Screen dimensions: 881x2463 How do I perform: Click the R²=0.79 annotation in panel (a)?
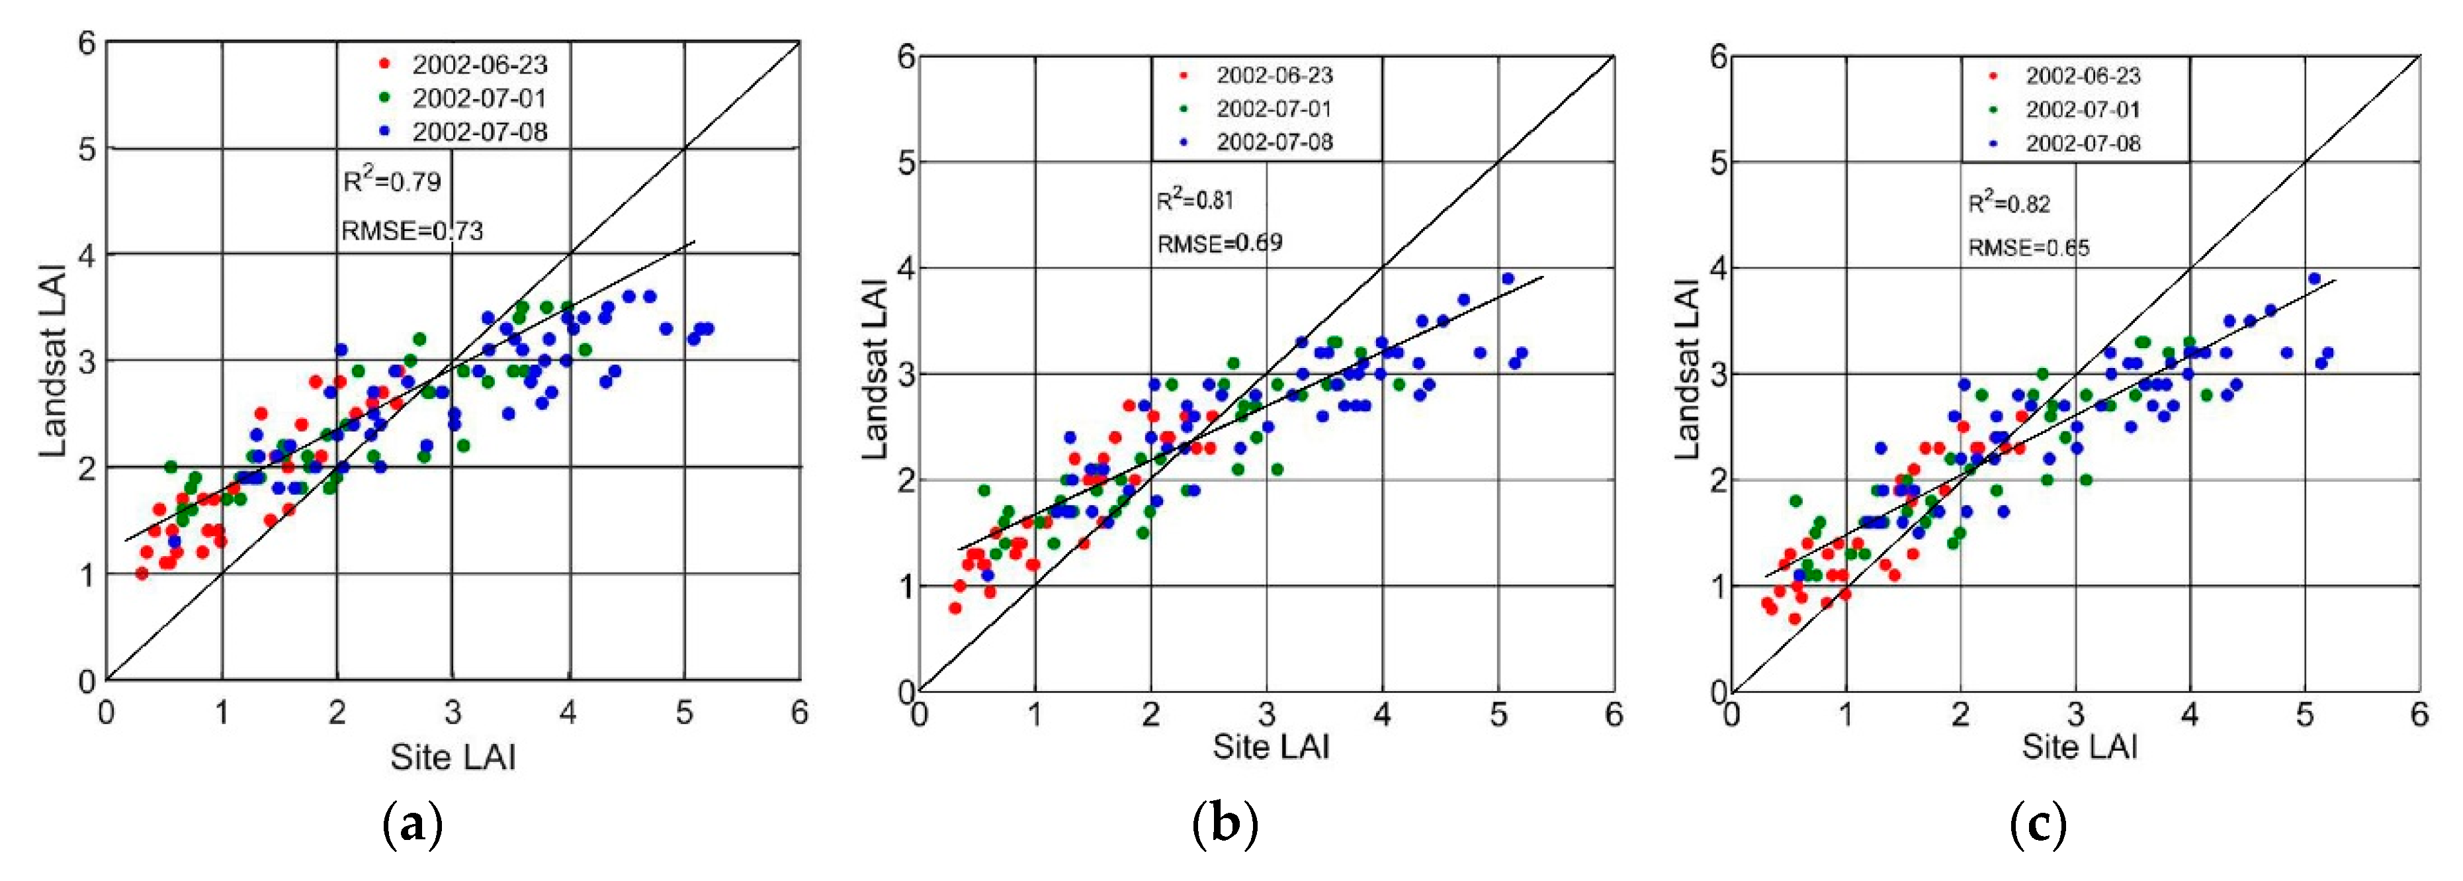392,180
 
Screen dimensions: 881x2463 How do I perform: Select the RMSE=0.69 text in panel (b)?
1219,243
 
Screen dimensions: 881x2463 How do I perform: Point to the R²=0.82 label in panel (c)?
2009,203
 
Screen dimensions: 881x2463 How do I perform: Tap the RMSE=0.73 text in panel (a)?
412,230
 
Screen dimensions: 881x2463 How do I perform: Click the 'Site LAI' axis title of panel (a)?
453,758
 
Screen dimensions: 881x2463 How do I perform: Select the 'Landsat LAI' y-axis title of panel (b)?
875,368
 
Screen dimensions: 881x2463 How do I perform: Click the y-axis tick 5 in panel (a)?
87,149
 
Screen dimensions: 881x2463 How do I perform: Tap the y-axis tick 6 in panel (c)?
1718,58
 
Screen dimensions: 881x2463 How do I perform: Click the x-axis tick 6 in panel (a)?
799,713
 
